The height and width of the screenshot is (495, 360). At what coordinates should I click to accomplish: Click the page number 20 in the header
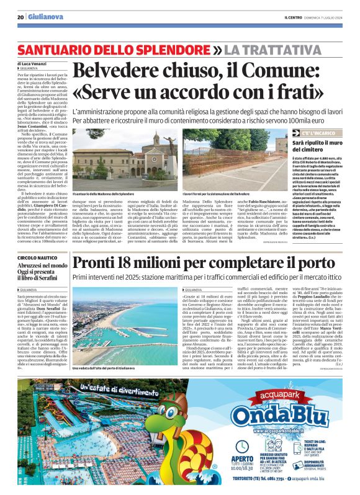click(x=20, y=17)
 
